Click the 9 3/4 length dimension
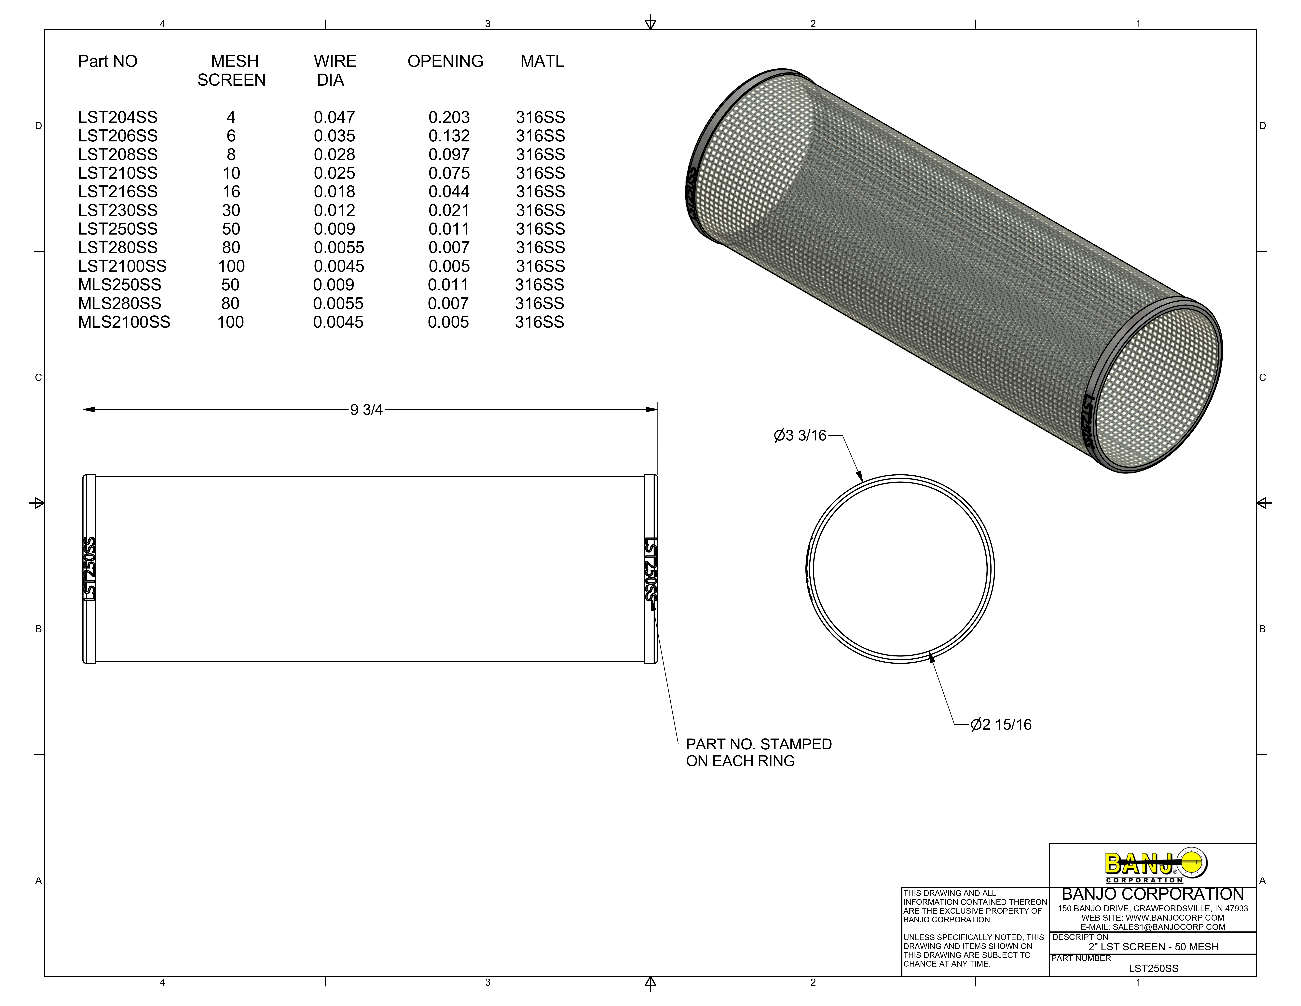[366, 410]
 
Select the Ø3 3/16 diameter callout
[800, 436]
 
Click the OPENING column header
[445, 61]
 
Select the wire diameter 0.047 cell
[334, 117]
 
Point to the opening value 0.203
[449, 117]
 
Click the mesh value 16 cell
[231, 192]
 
